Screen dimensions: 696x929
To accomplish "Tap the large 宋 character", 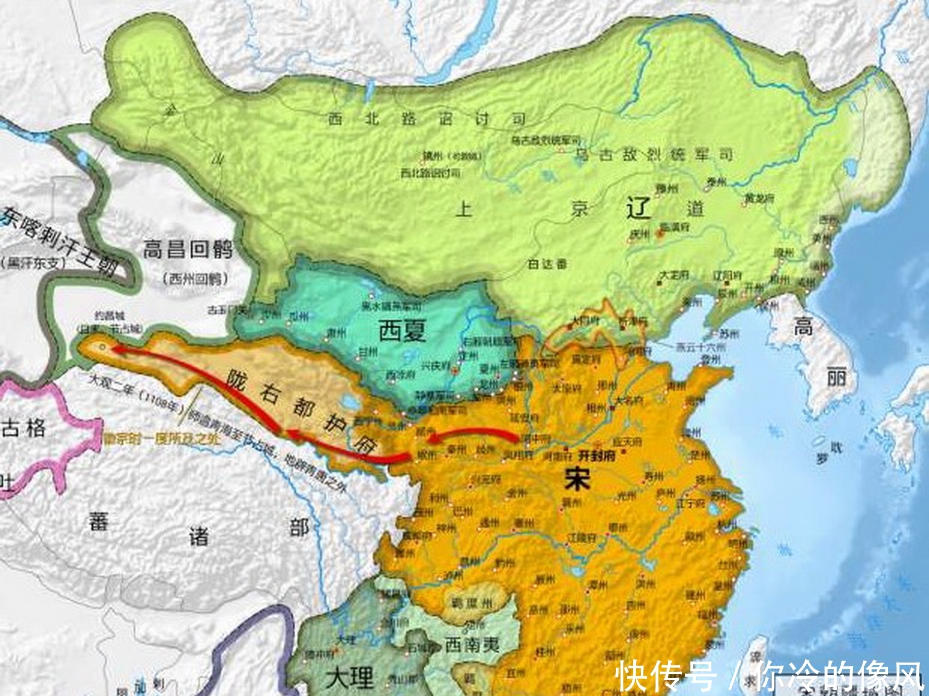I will tap(577, 479).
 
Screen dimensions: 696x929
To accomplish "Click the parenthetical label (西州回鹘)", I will tap(195, 279).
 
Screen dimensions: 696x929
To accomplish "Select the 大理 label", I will tap(350, 677).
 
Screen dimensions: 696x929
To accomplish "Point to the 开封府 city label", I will tap(597, 456).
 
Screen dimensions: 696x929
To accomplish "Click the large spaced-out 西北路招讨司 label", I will tap(426, 119).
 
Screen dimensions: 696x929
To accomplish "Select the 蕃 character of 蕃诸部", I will tap(98, 521).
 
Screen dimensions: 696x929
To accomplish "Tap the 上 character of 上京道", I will tap(463, 208).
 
